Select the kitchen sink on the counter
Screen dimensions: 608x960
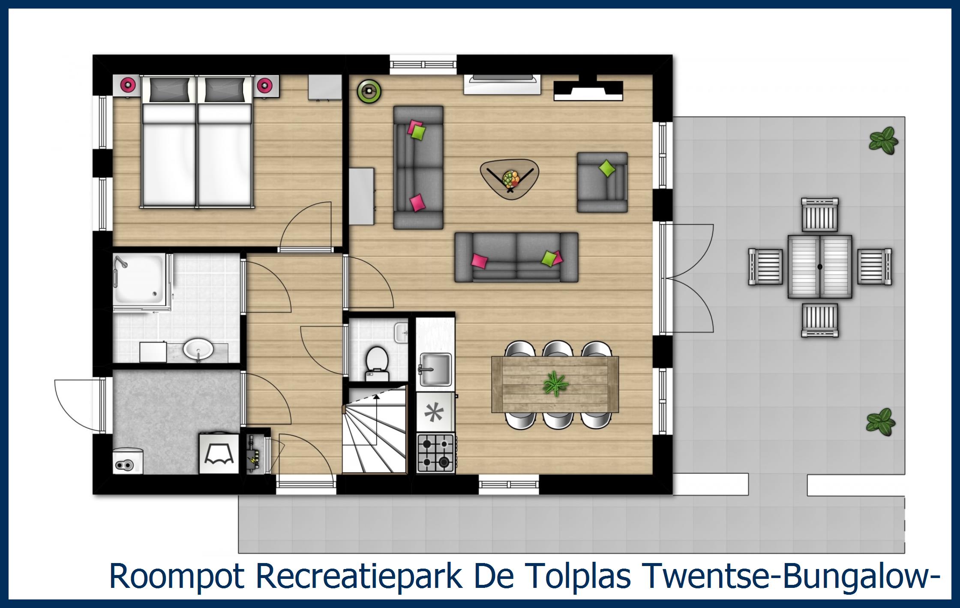click(x=435, y=369)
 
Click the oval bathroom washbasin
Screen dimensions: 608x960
click(x=198, y=349)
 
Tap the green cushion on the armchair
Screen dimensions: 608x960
click(x=606, y=168)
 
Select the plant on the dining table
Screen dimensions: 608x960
click(x=555, y=383)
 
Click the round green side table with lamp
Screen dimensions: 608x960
click(x=369, y=91)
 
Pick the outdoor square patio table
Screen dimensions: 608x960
click(x=820, y=267)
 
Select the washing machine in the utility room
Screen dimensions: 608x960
click(x=219, y=454)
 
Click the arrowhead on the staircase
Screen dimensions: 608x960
click(x=376, y=396)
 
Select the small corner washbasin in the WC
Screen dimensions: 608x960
click(x=402, y=332)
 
